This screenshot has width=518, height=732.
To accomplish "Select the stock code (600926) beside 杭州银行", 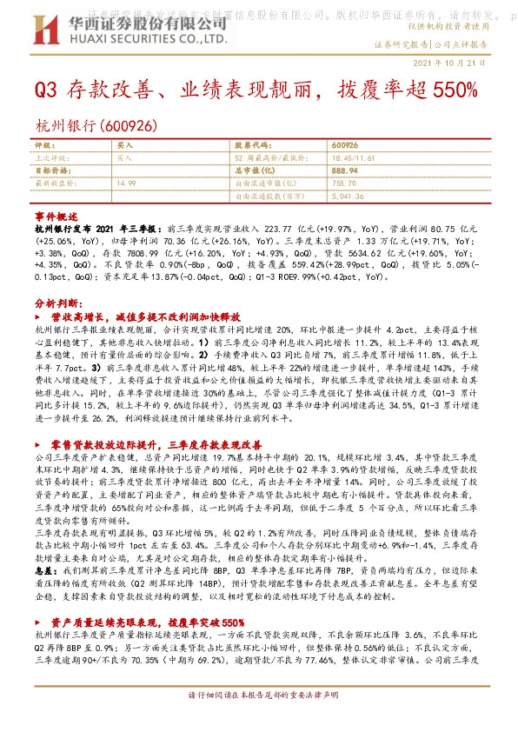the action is tap(129, 126).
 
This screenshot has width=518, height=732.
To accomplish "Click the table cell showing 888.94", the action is tap(345, 171).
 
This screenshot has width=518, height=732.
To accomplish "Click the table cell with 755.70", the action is tap(343, 183).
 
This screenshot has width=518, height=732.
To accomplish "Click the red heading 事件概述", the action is tap(56, 214).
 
